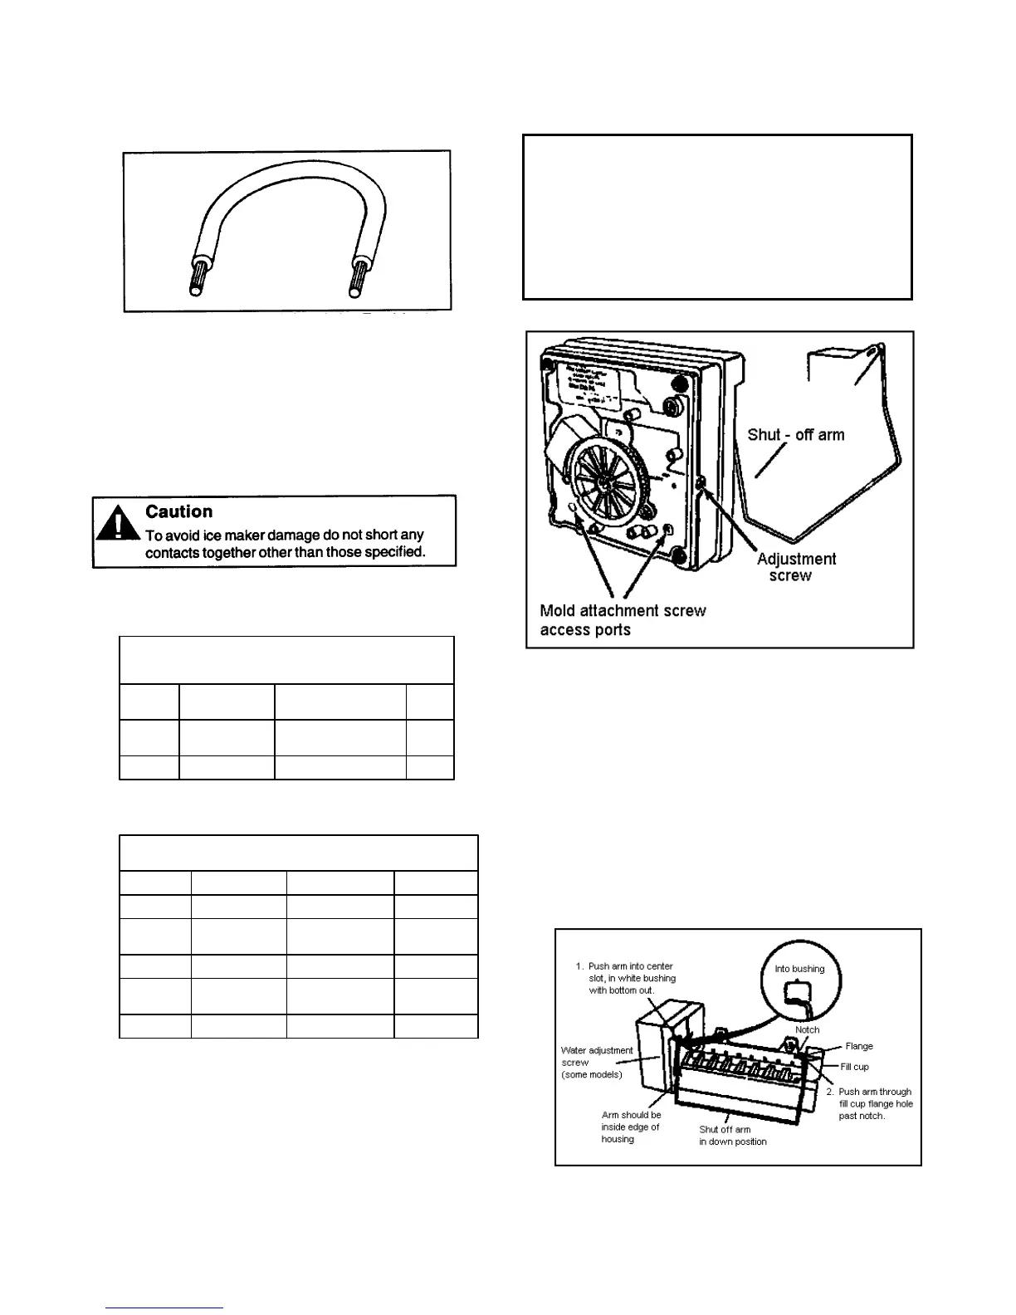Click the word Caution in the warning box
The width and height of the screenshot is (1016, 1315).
(x=178, y=511)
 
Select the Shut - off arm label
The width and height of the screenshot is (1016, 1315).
(x=795, y=434)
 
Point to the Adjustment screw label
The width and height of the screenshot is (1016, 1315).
(x=795, y=567)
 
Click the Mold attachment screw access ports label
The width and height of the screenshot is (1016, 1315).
(x=623, y=620)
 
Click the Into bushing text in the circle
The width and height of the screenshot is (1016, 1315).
(x=799, y=968)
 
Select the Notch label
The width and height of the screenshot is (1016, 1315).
(x=807, y=1029)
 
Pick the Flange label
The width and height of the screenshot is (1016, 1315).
(x=859, y=1046)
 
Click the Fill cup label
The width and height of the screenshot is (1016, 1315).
(x=854, y=1067)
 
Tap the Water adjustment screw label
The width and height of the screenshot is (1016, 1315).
(x=596, y=1062)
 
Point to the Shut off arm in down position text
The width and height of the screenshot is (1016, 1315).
(x=733, y=1136)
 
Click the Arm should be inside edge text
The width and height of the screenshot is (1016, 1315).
(x=631, y=1127)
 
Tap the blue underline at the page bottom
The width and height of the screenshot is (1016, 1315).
(x=164, y=1308)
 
